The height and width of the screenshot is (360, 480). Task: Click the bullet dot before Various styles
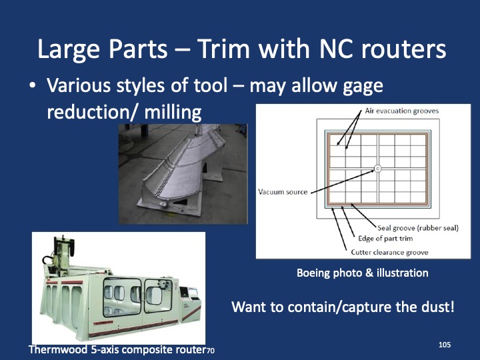[x=32, y=87]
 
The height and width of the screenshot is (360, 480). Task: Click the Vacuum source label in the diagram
[x=283, y=192]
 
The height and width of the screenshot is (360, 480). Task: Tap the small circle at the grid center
[x=377, y=169]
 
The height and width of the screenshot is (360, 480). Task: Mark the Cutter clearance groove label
[x=389, y=252]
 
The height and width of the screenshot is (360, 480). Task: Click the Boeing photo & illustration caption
[x=362, y=273]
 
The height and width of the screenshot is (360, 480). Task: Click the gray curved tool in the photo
[x=187, y=173]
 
